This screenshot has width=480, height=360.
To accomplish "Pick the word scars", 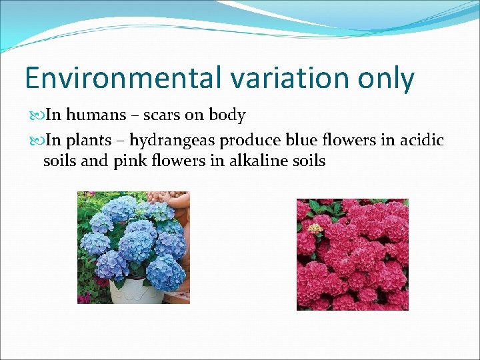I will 159,115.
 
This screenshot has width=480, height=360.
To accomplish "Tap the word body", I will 227,116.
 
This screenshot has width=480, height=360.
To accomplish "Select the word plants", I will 89,141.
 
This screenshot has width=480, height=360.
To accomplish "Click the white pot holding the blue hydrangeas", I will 136,291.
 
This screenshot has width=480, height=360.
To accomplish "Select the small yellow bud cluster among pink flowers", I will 315,228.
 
